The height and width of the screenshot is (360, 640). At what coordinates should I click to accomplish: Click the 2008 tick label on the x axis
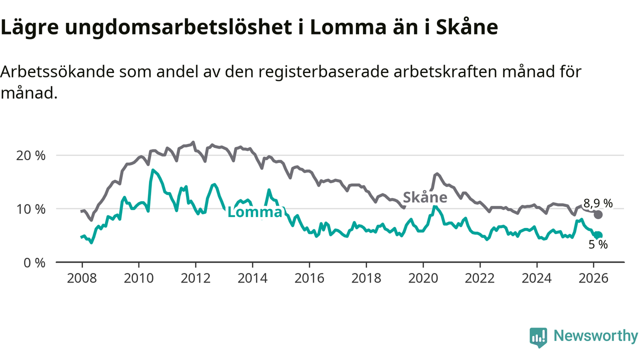(81, 278)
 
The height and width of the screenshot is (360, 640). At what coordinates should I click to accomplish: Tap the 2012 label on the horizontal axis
(195, 278)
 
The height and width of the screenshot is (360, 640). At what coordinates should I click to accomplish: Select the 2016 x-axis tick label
(309, 278)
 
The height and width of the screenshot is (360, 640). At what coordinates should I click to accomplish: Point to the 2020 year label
(423, 278)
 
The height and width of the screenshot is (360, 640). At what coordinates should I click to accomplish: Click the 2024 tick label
(536, 278)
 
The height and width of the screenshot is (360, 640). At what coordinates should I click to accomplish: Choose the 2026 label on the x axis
(593, 278)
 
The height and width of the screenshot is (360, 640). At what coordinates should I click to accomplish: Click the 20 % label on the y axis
(31, 155)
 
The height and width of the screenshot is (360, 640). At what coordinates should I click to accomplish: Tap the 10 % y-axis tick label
(31, 208)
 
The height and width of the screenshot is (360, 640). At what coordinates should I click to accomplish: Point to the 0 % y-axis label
(34, 262)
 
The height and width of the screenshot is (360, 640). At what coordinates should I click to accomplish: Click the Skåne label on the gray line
(425, 197)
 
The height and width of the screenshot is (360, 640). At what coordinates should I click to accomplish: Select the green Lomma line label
(254, 212)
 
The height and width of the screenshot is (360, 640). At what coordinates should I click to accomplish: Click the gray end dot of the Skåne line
(598, 214)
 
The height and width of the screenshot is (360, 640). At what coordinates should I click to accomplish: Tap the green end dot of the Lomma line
(598, 235)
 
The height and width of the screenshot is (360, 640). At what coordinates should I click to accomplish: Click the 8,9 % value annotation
(597, 203)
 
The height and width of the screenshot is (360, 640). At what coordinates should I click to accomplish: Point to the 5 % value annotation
(598, 245)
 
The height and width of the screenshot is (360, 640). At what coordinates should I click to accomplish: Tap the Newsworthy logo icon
(538, 337)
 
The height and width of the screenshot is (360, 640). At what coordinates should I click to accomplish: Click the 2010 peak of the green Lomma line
(152, 170)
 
